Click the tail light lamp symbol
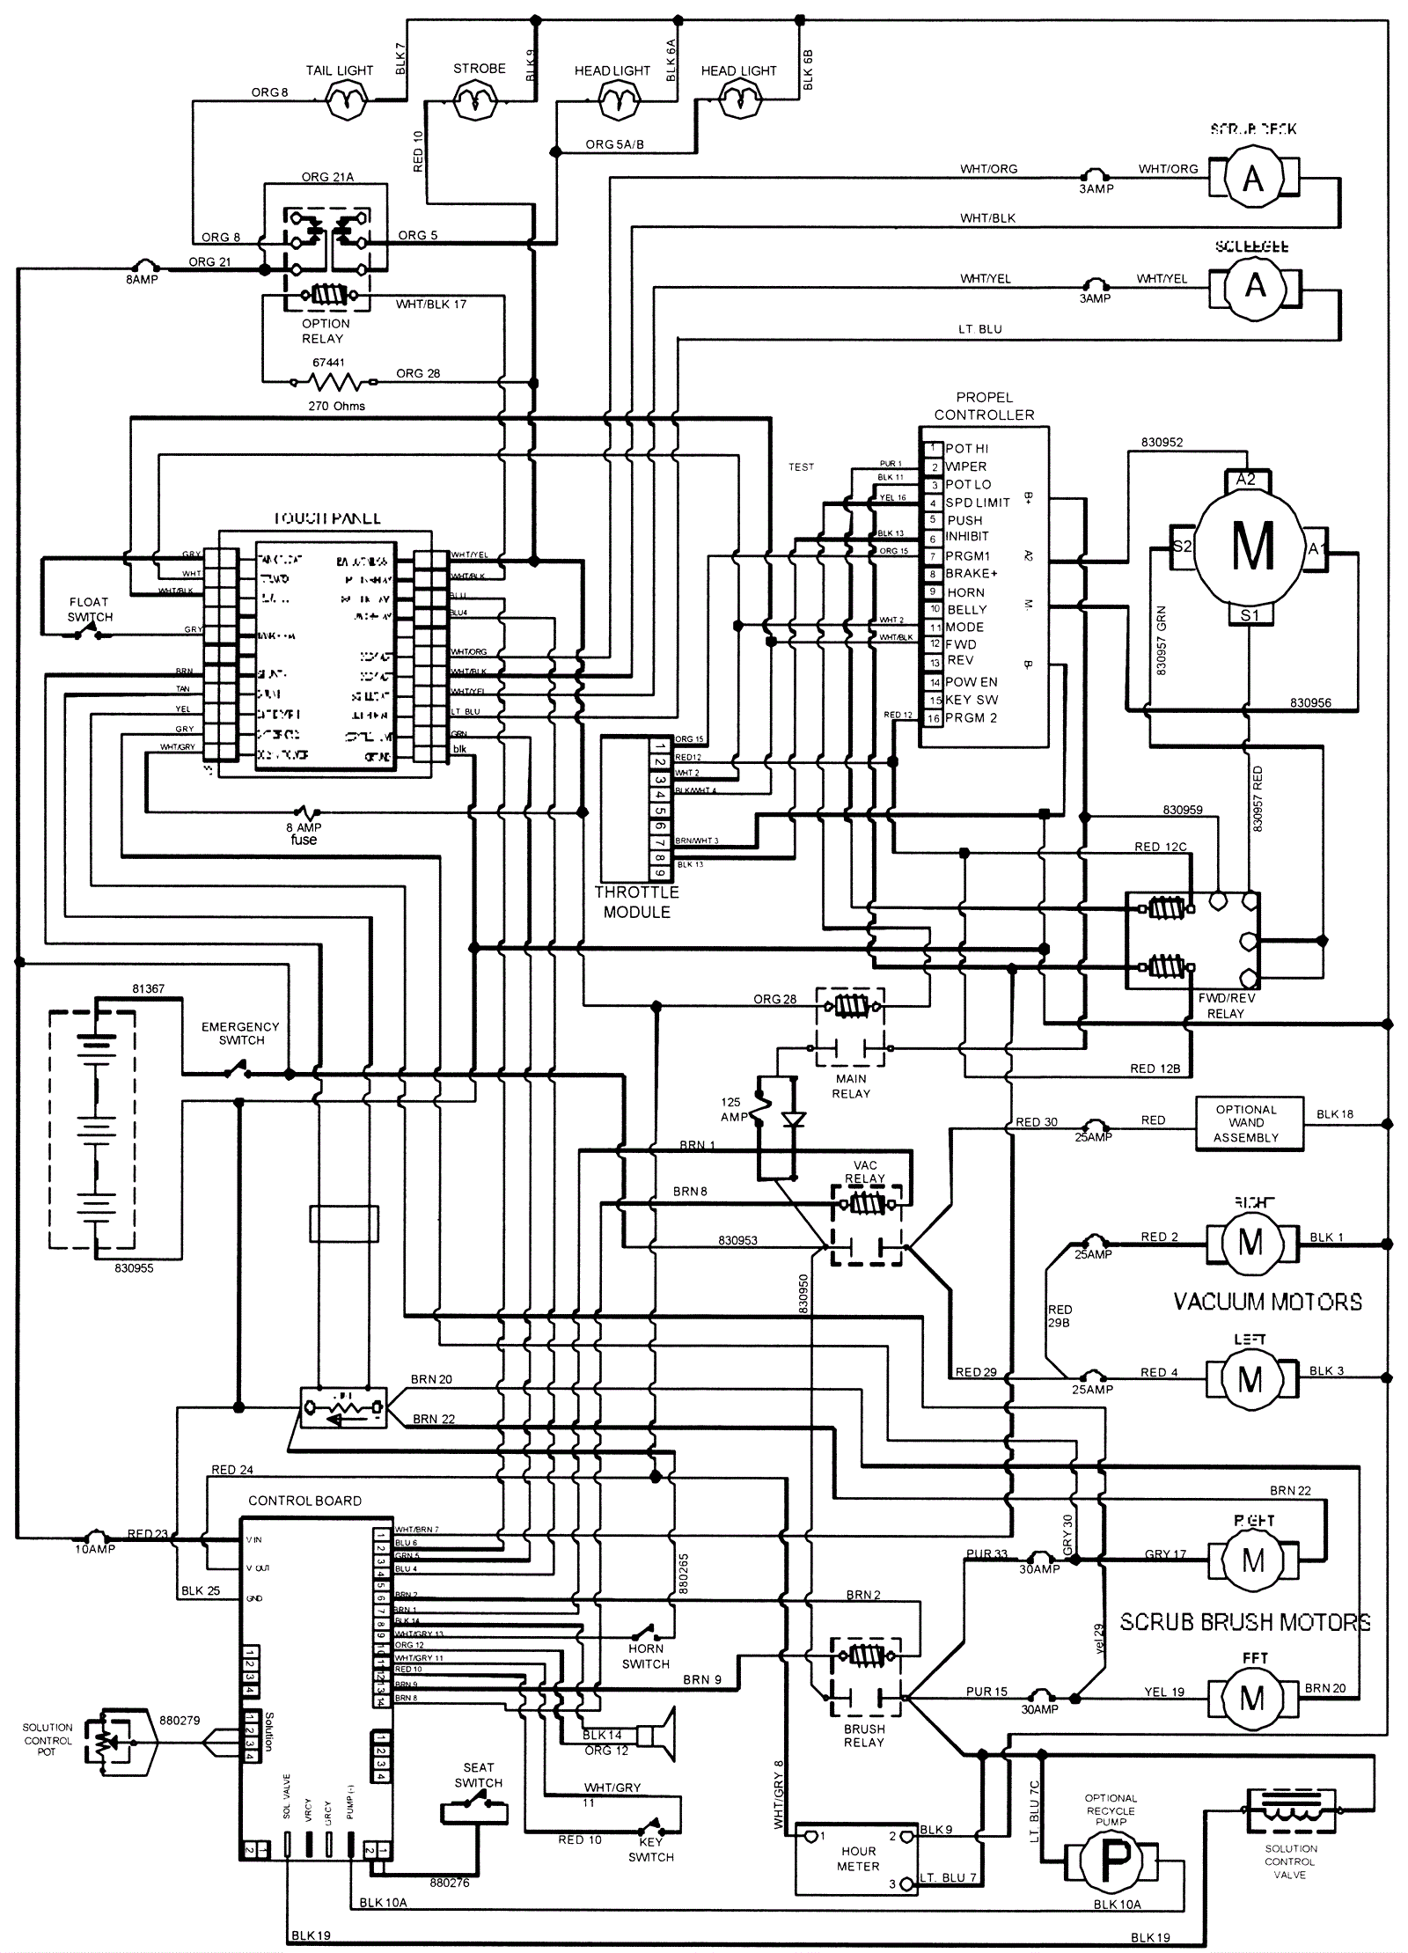tap(345, 101)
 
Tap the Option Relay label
tap(324, 331)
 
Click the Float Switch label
tap(90, 609)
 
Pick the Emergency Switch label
tap(240, 1033)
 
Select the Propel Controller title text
tap(984, 406)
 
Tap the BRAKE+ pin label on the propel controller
tap(972, 573)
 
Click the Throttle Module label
tap(636, 902)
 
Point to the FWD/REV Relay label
tap(1226, 1006)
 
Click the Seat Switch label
tap(478, 1775)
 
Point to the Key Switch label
tap(650, 1849)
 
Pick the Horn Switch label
tap(646, 1656)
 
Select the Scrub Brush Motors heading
tap(1244, 1622)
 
